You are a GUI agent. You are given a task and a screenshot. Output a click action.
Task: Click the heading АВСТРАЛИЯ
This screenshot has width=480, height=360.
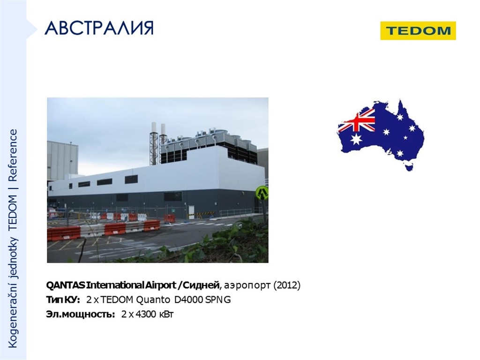click(x=99, y=29)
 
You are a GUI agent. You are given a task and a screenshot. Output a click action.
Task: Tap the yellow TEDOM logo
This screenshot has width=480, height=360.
click(x=418, y=30)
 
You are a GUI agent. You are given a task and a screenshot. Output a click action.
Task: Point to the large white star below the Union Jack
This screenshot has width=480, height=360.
click(x=356, y=139)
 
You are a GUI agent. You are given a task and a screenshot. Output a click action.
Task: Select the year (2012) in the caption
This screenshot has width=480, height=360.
click(x=287, y=285)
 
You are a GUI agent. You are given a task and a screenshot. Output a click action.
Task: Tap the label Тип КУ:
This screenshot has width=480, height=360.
click(x=63, y=300)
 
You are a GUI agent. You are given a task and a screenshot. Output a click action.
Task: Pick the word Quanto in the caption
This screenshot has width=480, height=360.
click(x=152, y=300)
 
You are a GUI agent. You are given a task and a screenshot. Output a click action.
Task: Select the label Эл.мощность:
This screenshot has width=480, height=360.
click(x=81, y=315)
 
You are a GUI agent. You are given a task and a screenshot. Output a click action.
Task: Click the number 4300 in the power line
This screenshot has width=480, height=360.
click(x=146, y=315)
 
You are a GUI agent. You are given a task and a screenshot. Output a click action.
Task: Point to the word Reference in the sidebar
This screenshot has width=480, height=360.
click(x=13, y=155)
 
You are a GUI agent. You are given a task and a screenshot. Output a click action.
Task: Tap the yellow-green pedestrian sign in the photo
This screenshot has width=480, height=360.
click(x=262, y=193)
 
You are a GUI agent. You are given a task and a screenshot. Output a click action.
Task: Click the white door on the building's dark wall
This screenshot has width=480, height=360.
click(x=191, y=211)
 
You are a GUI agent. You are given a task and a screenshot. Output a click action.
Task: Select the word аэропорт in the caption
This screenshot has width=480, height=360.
click(x=247, y=286)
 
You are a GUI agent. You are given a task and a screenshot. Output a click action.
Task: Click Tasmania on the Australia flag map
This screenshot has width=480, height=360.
click(x=409, y=167)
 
